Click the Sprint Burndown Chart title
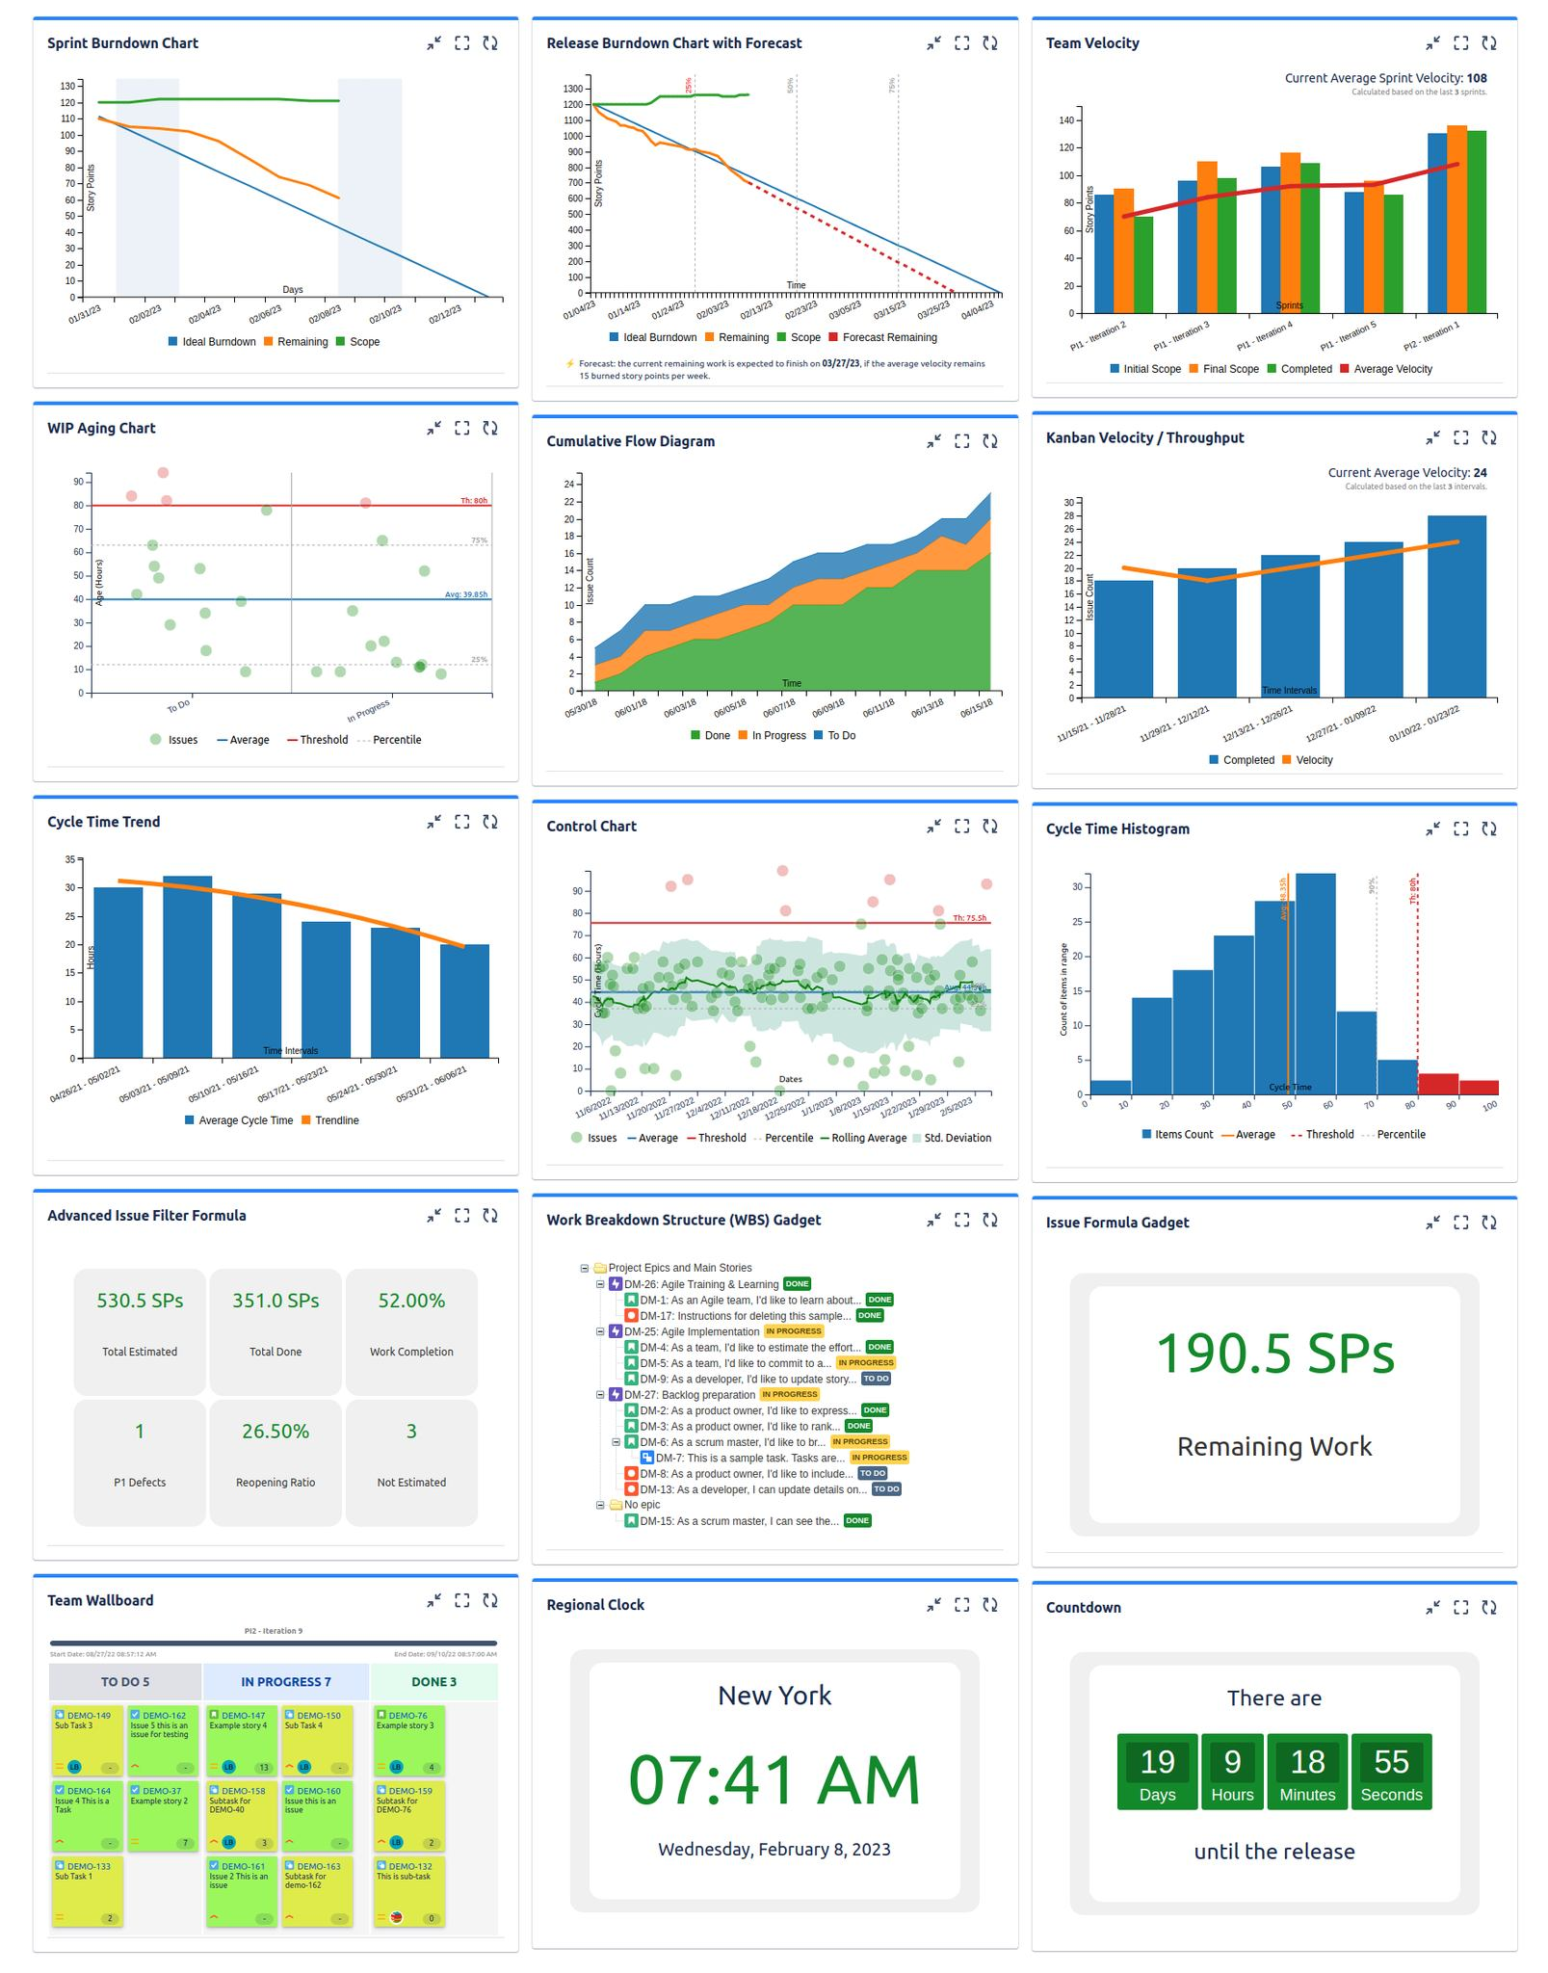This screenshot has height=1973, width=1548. pyautogui.click(x=122, y=43)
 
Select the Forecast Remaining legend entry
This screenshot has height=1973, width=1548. pyautogui.click(x=889, y=338)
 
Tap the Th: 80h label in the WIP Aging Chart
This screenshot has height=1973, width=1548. pyautogui.click(x=474, y=501)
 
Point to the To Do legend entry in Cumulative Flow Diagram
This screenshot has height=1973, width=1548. pyautogui.click(x=841, y=736)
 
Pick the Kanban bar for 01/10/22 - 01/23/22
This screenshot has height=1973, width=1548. pyautogui.click(x=1456, y=606)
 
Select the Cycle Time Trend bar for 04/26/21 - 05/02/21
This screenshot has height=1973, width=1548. pyautogui.click(x=118, y=973)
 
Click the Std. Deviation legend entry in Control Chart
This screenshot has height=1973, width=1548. pyautogui.click(x=957, y=1138)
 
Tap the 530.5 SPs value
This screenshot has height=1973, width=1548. pyautogui.click(x=140, y=1301)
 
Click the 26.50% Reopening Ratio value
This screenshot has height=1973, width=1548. pyautogui.click(x=275, y=1432)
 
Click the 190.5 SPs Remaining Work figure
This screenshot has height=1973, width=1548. pyautogui.click(x=1273, y=1354)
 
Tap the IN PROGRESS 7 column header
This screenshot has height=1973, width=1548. pyautogui.click(x=285, y=1682)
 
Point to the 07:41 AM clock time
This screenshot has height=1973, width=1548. pyautogui.click(x=774, y=1779)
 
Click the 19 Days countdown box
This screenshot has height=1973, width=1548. pyautogui.click(x=1157, y=1772)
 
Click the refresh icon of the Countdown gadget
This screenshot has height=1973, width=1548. pyautogui.click(x=1488, y=1607)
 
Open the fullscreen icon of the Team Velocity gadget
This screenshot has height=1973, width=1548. pyautogui.click(x=1460, y=43)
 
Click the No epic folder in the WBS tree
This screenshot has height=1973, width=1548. pyautogui.click(x=642, y=1505)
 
